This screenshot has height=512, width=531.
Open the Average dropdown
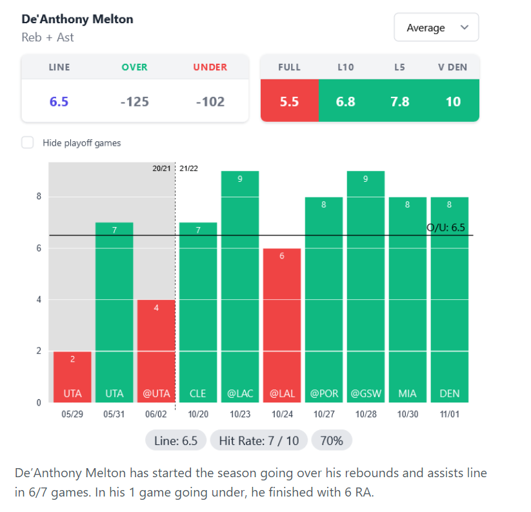click(436, 28)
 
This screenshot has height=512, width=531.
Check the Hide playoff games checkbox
click(28, 143)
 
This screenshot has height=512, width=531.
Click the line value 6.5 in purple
click(59, 101)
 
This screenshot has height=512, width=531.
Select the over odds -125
click(135, 101)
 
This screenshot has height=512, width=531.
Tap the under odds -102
click(210, 101)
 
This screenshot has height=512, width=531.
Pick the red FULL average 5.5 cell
click(289, 101)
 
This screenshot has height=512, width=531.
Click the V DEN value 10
click(453, 101)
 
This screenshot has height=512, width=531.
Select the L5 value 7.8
click(399, 101)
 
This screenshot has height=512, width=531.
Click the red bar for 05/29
click(72, 377)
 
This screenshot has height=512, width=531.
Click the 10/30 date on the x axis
click(407, 413)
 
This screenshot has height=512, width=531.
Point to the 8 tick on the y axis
click(39, 197)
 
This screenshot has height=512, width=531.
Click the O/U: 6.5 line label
click(446, 228)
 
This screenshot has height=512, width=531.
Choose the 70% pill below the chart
click(332, 441)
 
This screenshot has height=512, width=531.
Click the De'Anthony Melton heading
click(77, 19)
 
